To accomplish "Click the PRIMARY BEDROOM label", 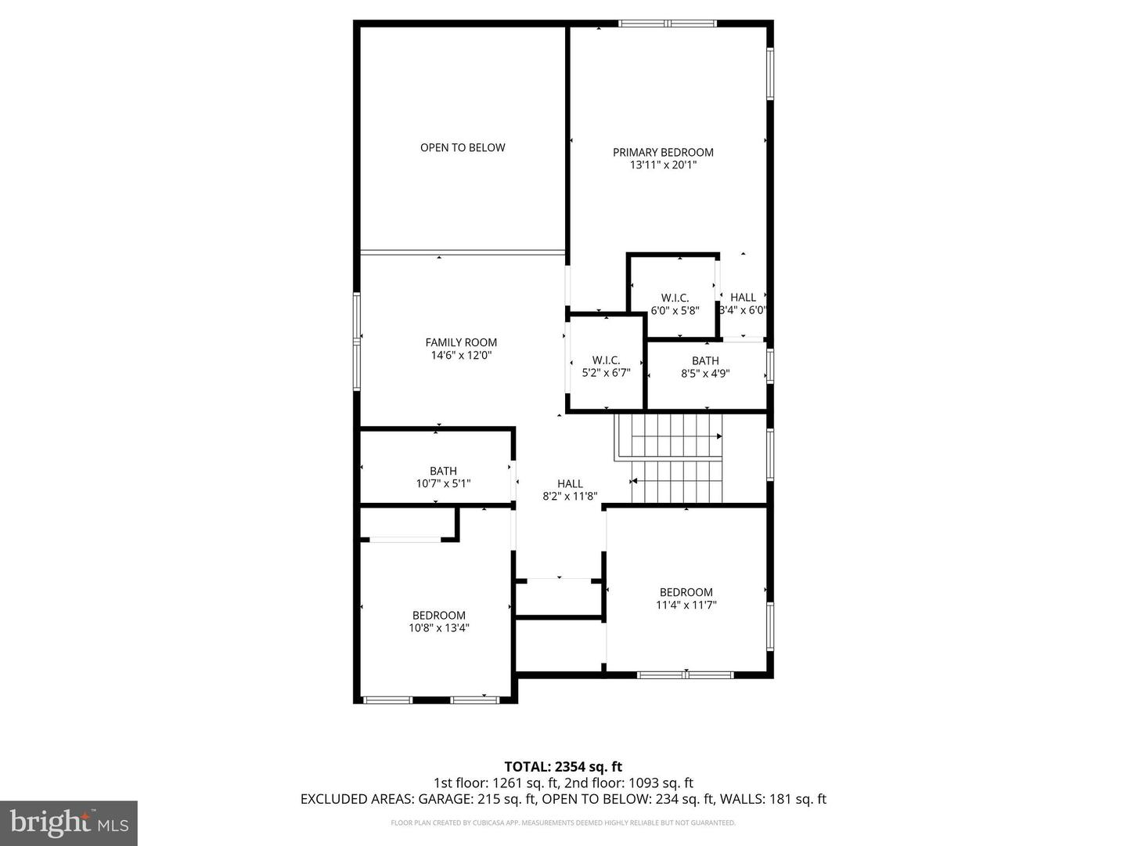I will pos(663,152).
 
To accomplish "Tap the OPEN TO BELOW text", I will pos(463,147).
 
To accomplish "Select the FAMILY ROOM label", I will pos(461,342).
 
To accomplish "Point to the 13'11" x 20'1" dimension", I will pos(663,165).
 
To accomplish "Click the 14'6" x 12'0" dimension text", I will pos(461,355).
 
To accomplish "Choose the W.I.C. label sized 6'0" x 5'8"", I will pos(675,298).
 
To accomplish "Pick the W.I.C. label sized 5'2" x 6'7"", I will pos(606,360).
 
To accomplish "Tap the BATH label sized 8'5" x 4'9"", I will pos(705,361).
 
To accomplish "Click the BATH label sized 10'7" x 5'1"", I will pos(443,471).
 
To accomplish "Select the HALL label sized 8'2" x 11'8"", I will pos(570,484).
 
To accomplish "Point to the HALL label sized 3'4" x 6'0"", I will pos(743,297).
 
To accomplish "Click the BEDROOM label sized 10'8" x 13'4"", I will pos(439,616).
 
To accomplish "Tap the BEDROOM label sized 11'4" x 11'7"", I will pos(686,592).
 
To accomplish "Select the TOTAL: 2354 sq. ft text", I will pos(563,767).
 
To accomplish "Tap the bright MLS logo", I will pos(68,822).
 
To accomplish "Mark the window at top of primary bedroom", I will pos(668,23).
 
